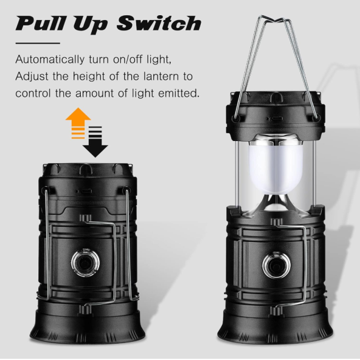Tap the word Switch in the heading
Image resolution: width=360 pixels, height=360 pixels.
(159, 23)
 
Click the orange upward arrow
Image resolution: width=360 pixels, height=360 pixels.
(78, 123)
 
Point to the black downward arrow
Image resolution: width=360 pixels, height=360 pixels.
(95, 142)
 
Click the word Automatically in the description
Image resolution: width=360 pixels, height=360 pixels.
(50, 60)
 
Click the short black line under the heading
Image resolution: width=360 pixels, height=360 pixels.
(38, 43)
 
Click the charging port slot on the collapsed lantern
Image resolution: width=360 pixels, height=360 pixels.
(84, 191)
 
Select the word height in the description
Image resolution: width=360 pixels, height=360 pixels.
(89, 76)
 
